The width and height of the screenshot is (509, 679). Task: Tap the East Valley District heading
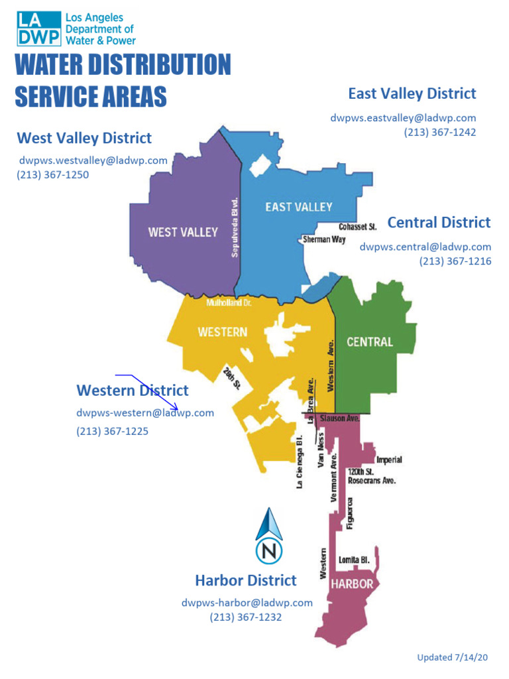pos(412,93)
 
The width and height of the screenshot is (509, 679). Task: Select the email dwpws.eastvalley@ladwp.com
pos(403,118)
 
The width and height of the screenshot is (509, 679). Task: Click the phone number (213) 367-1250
pos(53,175)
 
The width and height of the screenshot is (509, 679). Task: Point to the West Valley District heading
pos(84,138)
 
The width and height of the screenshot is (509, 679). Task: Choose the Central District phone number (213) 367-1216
pos(455,261)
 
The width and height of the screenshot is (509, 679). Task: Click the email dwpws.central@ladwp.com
pos(425,247)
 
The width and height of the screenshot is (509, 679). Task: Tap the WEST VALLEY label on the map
pos(183,232)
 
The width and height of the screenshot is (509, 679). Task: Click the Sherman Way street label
pos(324,239)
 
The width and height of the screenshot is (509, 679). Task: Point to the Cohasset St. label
pos(357,227)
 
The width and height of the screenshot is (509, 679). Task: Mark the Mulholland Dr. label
pos(229,302)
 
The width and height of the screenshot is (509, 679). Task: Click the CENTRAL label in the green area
pos(370,342)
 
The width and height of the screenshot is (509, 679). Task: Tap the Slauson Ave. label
pos(339,419)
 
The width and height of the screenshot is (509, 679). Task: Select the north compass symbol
pos(269,536)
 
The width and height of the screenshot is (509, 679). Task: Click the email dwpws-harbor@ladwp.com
pos(247,603)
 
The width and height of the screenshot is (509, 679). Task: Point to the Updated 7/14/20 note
pos(452,657)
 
